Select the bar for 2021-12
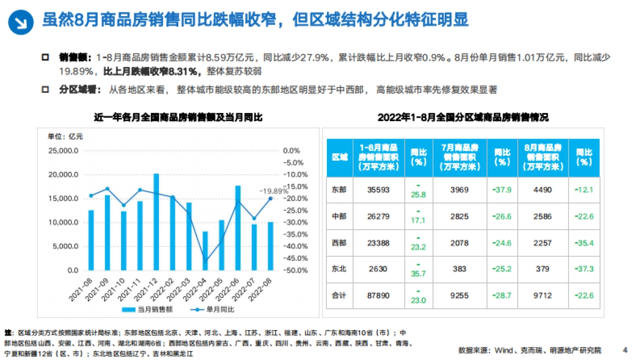coord(156,221)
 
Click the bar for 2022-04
coord(205,251)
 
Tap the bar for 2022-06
coord(238,228)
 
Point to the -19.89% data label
coord(274,190)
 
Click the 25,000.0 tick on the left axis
coord(63,151)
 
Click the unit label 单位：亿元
coord(65,136)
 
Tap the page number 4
coord(625,350)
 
